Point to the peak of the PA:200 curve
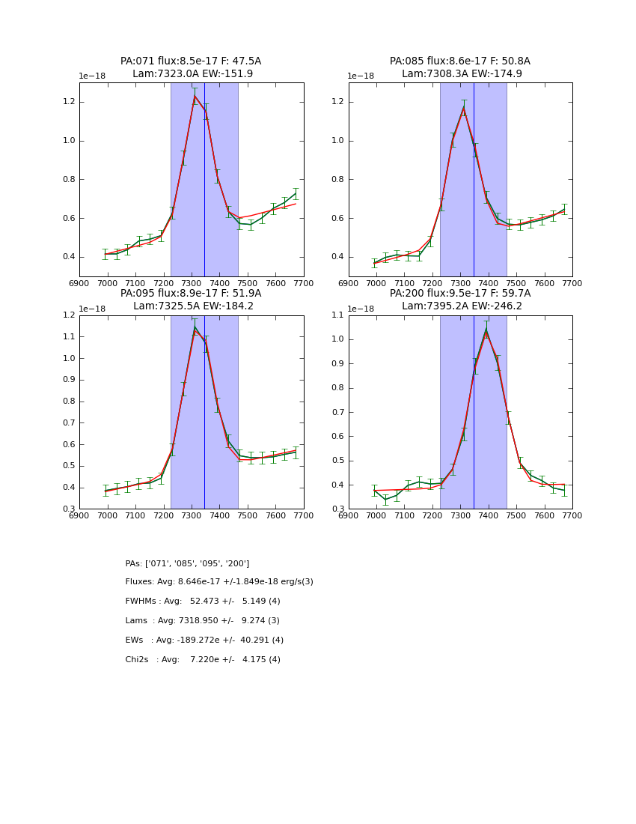[x=486, y=328]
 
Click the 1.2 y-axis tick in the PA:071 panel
[x=67, y=102]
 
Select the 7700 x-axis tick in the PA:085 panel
[x=572, y=284]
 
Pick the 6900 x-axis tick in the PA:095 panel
[x=79, y=515]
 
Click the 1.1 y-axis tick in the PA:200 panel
[x=337, y=315]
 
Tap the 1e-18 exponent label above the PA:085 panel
[x=361, y=76]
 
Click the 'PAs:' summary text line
[x=187, y=563]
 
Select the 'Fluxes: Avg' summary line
[x=219, y=582]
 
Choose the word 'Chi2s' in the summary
[x=137, y=660]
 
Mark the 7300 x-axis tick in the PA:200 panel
[x=460, y=515]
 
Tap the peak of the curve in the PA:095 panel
[x=195, y=327]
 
